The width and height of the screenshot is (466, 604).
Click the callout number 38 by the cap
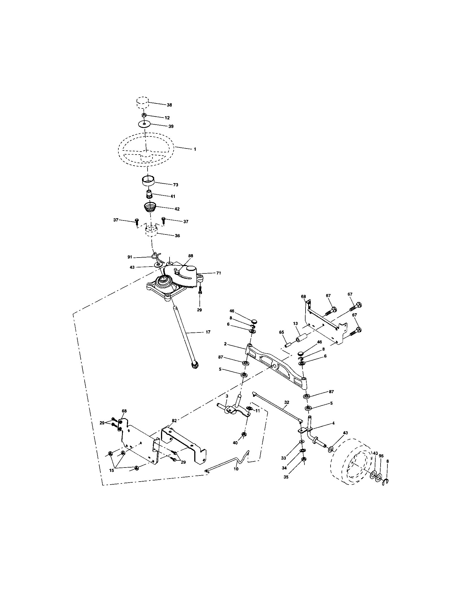169,105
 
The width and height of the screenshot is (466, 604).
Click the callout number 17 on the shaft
208,332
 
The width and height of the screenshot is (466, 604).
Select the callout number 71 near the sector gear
218,273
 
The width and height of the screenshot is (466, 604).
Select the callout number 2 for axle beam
225,344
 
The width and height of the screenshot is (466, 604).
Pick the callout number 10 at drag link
235,469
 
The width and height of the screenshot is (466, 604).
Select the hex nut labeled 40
244,435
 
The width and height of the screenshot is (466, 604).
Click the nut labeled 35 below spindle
303,459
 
